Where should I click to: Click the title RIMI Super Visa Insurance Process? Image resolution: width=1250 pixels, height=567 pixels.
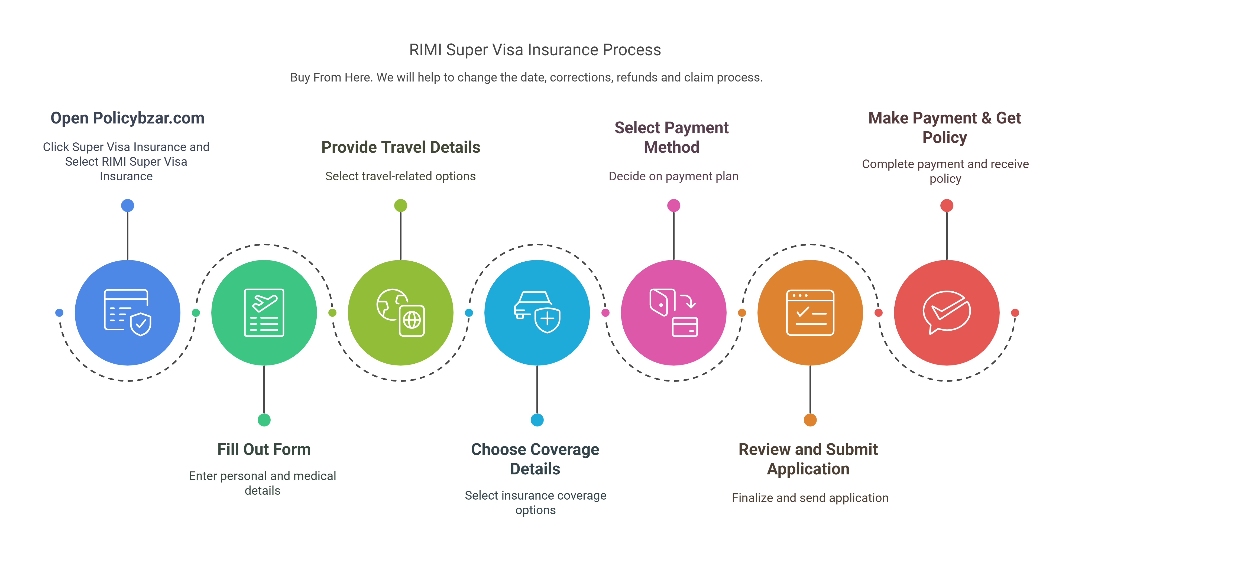(535, 50)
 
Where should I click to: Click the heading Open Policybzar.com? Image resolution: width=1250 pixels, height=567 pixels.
(127, 118)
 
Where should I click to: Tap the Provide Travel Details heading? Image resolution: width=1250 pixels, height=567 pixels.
(400, 147)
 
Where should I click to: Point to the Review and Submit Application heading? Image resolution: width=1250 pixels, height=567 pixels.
(808, 459)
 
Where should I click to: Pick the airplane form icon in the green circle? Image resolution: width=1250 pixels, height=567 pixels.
(264, 313)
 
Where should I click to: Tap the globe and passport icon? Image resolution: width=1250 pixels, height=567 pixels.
(401, 313)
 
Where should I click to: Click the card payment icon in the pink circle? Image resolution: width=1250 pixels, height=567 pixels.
(673, 313)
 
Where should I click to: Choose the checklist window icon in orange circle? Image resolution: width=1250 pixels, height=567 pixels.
(810, 313)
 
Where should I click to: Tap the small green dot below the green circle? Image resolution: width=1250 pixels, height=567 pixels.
(264, 420)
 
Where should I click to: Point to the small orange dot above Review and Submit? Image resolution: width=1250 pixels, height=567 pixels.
(810, 420)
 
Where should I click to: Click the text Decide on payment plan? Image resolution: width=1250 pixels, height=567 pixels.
(673, 176)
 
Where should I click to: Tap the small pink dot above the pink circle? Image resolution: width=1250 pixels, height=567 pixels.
(673, 206)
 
